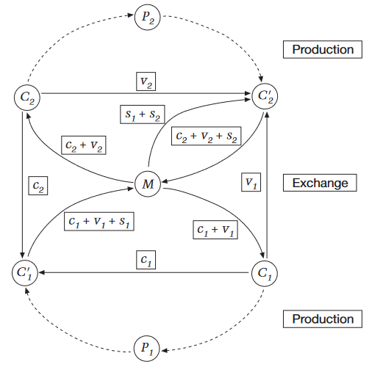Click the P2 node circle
click(148, 18)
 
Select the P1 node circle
click(147, 349)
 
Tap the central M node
click(148, 184)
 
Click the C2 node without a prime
click(27, 98)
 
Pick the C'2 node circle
click(265, 96)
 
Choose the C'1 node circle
click(25, 273)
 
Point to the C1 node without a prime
click(265, 273)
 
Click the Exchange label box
click(320, 183)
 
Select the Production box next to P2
click(323, 49)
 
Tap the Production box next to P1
click(323, 319)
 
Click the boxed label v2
click(146, 81)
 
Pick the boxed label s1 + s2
click(143, 115)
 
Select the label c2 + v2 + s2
click(207, 136)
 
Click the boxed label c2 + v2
click(84, 145)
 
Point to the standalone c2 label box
click(38, 186)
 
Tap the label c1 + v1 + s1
click(99, 222)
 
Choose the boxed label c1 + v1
click(215, 230)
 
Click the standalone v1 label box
click(251, 182)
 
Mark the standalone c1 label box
click(146, 260)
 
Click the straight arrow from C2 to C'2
click(146, 93)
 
